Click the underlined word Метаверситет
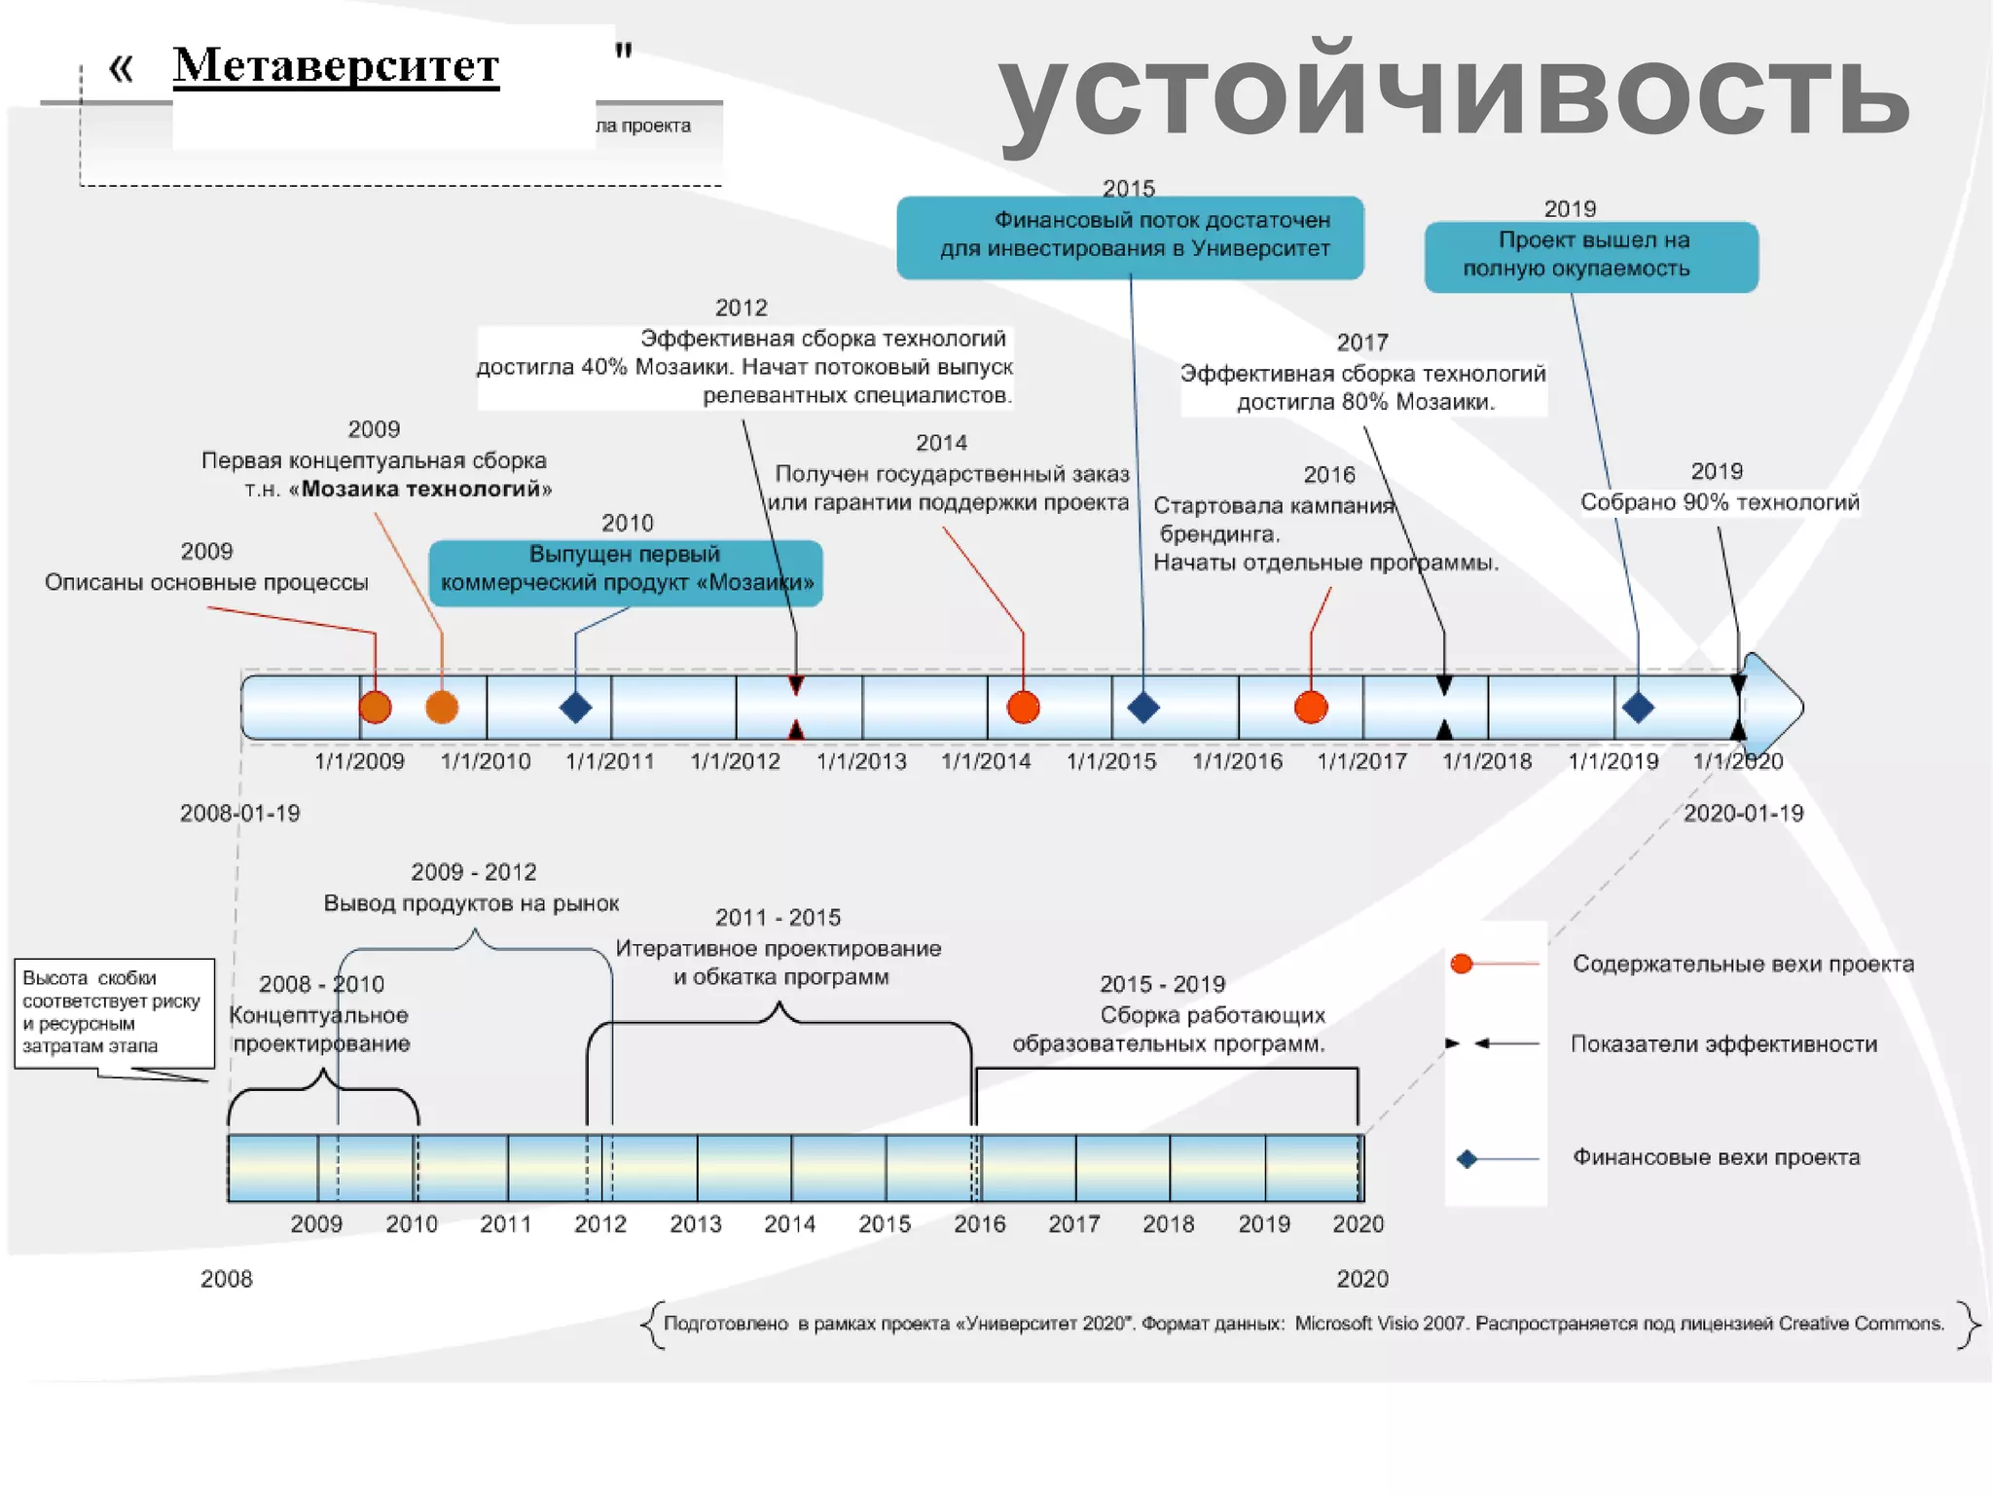click(x=336, y=66)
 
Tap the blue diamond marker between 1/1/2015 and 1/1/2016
click(x=1142, y=708)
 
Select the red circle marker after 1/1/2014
click(x=1023, y=708)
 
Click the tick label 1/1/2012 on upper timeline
click(x=736, y=761)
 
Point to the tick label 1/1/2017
click(x=1361, y=761)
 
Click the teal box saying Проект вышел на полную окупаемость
click(x=1591, y=256)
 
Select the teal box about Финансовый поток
click(x=1130, y=237)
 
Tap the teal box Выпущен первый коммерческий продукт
click(x=626, y=572)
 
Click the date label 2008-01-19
click(x=239, y=813)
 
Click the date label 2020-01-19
click(x=1743, y=813)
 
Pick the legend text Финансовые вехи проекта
click(x=1716, y=1157)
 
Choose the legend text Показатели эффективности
click(x=1723, y=1044)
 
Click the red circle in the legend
click(x=1461, y=964)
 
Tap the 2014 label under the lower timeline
click(x=789, y=1223)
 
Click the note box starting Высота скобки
click(x=114, y=1012)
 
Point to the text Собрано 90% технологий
click(x=1720, y=502)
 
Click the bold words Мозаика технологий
click(x=425, y=489)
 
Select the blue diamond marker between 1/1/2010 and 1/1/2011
click(x=575, y=708)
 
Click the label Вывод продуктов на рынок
click(x=471, y=903)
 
